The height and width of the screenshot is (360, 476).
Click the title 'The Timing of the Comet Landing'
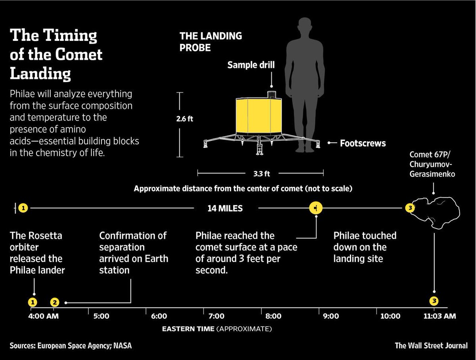point(56,54)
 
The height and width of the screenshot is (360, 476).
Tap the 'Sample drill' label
point(251,65)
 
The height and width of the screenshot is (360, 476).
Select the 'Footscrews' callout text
point(363,143)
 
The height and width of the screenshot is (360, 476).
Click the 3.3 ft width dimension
point(260,173)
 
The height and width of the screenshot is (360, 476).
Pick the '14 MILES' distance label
point(225,208)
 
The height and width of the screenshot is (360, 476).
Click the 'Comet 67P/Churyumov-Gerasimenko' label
point(432,164)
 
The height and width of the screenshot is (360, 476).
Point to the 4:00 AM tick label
point(44,316)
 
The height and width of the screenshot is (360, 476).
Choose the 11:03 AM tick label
point(440,316)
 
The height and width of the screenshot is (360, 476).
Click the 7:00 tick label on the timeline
point(216,316)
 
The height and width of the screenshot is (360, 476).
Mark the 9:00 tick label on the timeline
point(331,316)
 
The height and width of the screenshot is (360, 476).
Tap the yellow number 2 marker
point(55,302)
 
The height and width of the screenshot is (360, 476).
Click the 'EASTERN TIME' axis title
point(188,329)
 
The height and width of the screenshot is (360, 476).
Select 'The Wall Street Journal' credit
point(431,345)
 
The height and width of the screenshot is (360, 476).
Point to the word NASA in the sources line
point(122,345)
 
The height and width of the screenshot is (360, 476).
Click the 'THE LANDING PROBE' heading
point(211,42)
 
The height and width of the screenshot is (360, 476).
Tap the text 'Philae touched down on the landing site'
point(365,247)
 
